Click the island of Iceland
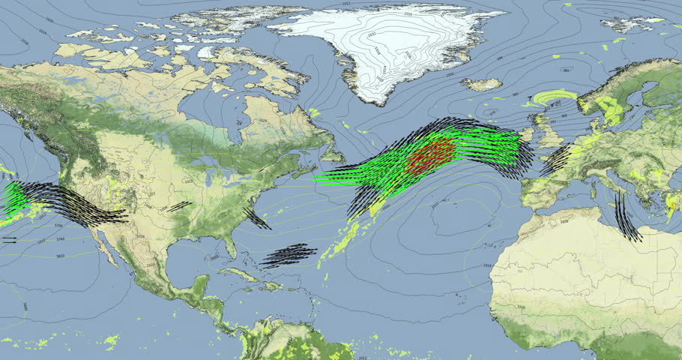coord(481,84)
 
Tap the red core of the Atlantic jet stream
coord(431,156)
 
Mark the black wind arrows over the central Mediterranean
coord(628,217)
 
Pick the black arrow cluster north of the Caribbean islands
coord(289,255)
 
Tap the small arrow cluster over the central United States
coord(178,206)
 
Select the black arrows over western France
coord(556,159)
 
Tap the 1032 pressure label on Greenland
coord(372,34)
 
